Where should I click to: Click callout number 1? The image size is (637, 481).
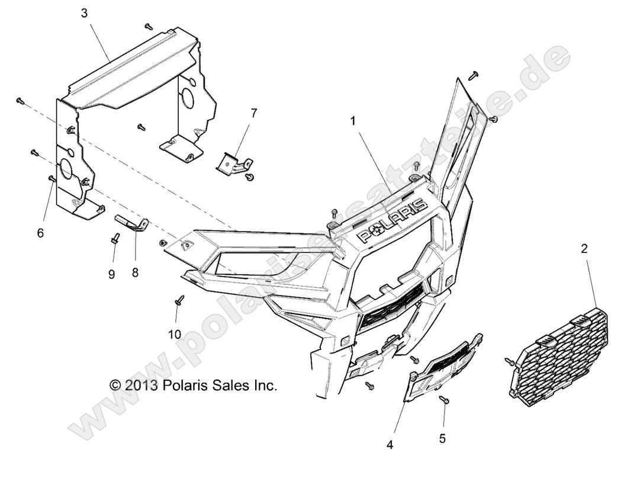pyautogui.click(x=353, y=121)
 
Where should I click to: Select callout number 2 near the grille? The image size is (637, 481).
pyautogui.click(x=584, y=248)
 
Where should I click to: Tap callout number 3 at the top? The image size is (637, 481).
pyautogui.click(x=84, y=13)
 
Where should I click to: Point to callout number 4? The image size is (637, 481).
pyautogui.click(x=390, y=445)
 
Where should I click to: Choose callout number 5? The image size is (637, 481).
pyautogui.click(x=442, y=439)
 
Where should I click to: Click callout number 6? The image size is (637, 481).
pyautogui.click(x=40, y=233)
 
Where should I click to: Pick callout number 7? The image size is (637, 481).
pyautogui.click(x=254, y=113)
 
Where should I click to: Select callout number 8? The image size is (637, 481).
pyautogui.click(x=136, y=272)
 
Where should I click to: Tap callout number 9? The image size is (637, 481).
pyautogui.click(x=112, y=274)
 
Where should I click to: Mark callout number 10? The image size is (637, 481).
pyautogui.click(x=175, y=335)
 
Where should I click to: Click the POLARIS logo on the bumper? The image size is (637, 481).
pyautogui.click(x=393, y=220)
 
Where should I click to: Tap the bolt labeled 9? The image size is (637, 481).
pyautogui.click(x=115, y=238)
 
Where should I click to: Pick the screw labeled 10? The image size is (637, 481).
pyautogui.click(x=179, y=300)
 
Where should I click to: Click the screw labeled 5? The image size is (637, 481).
pyautogui.click(x=443, y=400)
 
